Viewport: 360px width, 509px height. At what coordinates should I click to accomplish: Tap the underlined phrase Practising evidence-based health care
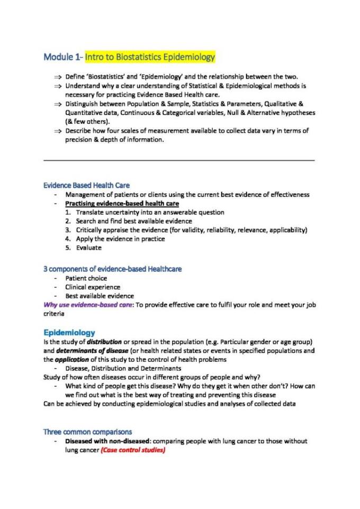(122, 203)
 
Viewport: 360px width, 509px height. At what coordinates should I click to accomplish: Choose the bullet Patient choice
(86, 278)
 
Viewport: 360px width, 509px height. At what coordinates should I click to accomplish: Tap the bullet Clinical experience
(93, 287)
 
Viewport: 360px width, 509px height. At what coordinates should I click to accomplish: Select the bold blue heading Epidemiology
(69, 332)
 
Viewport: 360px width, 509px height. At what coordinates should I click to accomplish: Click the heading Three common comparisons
(88, 432)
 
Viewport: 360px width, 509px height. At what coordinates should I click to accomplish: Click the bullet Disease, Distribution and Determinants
(123, 368)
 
